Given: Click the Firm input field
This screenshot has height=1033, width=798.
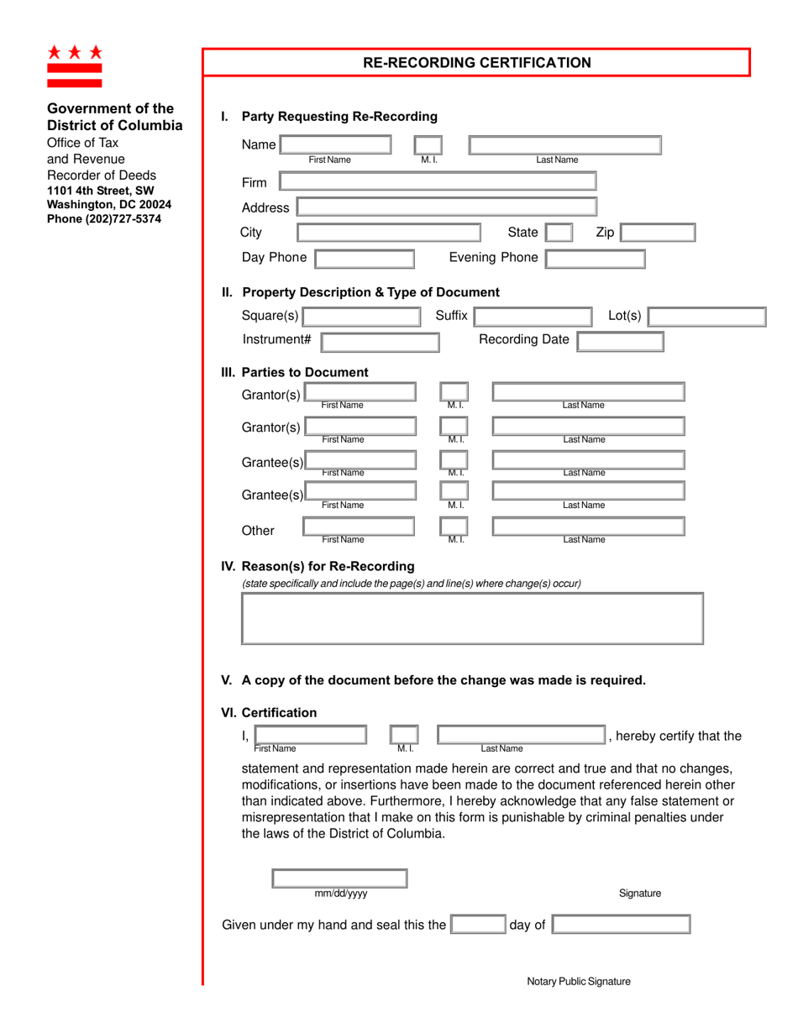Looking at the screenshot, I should point(437,181).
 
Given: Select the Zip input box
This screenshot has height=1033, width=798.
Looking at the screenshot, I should point(658,233).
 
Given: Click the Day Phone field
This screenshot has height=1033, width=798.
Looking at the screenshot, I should point(365,258).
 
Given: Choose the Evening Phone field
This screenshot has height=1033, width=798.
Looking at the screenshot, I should point(596,258).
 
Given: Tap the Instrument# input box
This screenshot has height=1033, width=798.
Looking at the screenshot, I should point(380,341).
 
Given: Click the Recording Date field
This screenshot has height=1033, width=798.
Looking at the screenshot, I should point(621,341).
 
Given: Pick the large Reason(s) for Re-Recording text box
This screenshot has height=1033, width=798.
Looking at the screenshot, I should point(472,618).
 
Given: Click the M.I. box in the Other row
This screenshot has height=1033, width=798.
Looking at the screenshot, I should point(454,526).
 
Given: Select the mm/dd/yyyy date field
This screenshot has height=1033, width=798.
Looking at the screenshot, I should point(339,878).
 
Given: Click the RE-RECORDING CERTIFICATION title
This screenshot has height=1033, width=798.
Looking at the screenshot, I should point(476,63).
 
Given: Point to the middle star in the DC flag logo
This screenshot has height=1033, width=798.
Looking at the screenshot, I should point(75,52).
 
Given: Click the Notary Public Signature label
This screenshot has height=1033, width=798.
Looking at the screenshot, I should point(578,981).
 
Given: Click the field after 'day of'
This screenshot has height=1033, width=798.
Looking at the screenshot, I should point(621,925).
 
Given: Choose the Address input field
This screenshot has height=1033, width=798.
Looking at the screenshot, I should point(446,207).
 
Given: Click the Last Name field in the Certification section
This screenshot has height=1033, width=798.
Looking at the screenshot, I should point(521,736).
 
